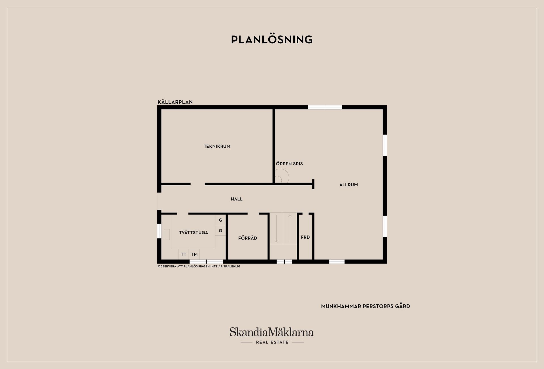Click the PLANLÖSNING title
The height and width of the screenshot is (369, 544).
coord(272,40)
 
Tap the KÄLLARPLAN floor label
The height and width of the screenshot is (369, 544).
coord(175,102)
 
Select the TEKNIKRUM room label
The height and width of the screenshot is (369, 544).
coord(217,147)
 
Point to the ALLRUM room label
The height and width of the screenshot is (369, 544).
coord(348,185)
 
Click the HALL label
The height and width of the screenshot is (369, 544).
coord(237,199)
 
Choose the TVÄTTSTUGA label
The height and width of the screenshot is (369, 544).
coord(194,233)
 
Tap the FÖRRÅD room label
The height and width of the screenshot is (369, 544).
coord(248,238)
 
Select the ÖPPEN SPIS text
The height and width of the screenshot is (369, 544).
coord(289,164)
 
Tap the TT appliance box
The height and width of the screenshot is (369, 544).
coord(184,255)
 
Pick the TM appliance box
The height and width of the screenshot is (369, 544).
coord(194,255)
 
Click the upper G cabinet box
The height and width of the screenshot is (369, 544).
coord(220,220)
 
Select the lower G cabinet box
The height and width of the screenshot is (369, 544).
coord(220,231)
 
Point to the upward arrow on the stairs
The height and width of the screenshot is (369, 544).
coord(290,228)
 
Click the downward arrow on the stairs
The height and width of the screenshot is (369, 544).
coord(276,228)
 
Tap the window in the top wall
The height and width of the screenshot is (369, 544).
coord(325,107)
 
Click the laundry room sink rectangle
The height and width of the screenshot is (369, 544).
coord(167,234)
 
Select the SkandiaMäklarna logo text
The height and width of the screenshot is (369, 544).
coord(272,332)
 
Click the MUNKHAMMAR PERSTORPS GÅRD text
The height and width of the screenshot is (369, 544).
coord(365,306)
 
